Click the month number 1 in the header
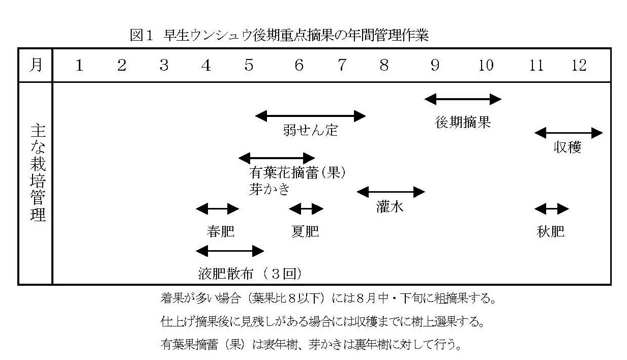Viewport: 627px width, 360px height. [x=79, y=66]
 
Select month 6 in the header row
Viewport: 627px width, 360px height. [x=299, y=66]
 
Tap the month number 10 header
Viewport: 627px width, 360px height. [x=486, y=66]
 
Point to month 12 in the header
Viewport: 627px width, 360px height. [x=579, y=66]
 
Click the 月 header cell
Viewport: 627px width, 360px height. [x=36, y=66]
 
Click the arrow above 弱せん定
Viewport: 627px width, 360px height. [x=310, y=116]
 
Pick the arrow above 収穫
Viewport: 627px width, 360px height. [x=569, y=133]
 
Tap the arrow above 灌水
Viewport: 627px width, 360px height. [x=391, y=192]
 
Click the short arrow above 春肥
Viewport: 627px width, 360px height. [x=217, y=208]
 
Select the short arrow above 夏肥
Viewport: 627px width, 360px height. [x=306, y=208]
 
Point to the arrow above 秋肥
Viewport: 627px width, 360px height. [x=551, y=208]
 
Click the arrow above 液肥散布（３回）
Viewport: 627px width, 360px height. [x=230, y=251]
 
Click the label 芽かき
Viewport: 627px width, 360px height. [x=270, y=189]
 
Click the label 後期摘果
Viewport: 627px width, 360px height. [x=463, y=123]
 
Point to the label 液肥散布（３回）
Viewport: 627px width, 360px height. [x=251, y=274]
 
